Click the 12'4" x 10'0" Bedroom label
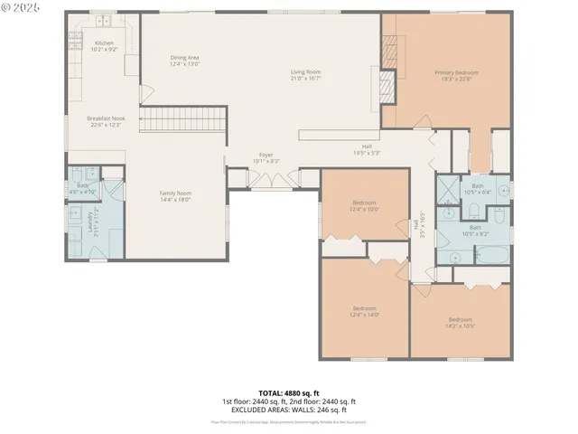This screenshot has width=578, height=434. [365, 205]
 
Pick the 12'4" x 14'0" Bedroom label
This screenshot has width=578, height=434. [365, 312]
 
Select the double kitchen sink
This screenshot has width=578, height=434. [105, 19]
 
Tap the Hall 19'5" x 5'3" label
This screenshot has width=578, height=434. [366, 149]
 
